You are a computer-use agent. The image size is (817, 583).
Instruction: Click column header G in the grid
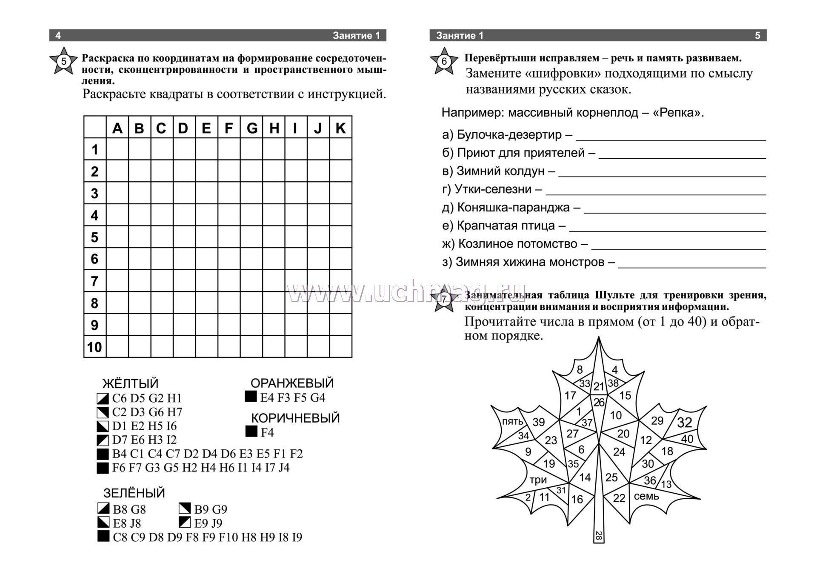[251, 128]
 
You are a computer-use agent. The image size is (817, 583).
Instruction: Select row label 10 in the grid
[94, 347]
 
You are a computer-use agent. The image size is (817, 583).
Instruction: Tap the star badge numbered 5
[64, 61]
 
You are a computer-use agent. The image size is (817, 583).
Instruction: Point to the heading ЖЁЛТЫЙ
[130, 383]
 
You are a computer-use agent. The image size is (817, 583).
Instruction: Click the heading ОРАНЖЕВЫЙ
[292, 383]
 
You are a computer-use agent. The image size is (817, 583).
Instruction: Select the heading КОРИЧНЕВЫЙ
[295, 418]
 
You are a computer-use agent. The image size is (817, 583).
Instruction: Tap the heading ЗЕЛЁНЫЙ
[134, 493]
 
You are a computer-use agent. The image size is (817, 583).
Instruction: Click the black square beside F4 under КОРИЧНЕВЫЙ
[251, 432]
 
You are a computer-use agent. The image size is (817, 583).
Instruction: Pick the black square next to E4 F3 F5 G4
[251, 397]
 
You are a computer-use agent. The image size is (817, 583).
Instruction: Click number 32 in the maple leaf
[685, 423]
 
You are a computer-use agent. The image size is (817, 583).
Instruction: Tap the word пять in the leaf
[512, 421]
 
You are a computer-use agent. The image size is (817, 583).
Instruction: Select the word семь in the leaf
[646, 496]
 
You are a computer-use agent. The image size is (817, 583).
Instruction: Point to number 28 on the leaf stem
[599, 536]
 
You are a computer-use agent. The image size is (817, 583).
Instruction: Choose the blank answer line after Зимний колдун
[662, 174]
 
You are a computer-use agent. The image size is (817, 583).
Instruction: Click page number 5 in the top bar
[757, 36]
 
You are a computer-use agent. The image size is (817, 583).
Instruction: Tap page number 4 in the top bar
[58, 36]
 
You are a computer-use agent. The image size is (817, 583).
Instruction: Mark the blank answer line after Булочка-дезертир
[671, 138]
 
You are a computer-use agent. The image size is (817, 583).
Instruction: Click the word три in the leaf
[538, 480]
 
